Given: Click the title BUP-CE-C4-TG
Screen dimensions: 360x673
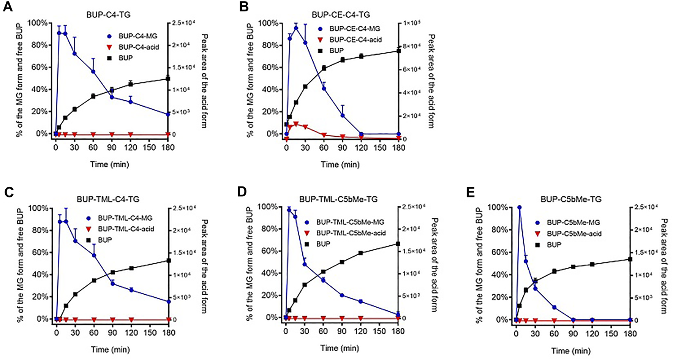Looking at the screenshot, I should [x=341, y=15].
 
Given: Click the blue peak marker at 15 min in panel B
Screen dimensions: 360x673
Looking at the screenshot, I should [x=296, y=28].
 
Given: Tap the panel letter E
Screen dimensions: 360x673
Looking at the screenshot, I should [x=470, y=193].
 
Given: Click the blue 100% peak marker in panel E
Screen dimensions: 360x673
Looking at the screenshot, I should [x=520, y=207].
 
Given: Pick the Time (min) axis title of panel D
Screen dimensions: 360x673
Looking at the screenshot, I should [x=340, y=348].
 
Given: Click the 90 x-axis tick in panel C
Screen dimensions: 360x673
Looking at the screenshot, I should [x=112, y=333].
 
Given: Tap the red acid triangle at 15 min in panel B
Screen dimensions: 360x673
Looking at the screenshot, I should [x=296, y=124].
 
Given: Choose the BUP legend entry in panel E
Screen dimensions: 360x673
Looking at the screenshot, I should [x=554, y=245].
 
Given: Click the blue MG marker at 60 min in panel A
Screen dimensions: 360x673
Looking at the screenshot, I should [x=93, y=71].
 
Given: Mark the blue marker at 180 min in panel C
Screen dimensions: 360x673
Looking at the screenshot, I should [x=169, y=302].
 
